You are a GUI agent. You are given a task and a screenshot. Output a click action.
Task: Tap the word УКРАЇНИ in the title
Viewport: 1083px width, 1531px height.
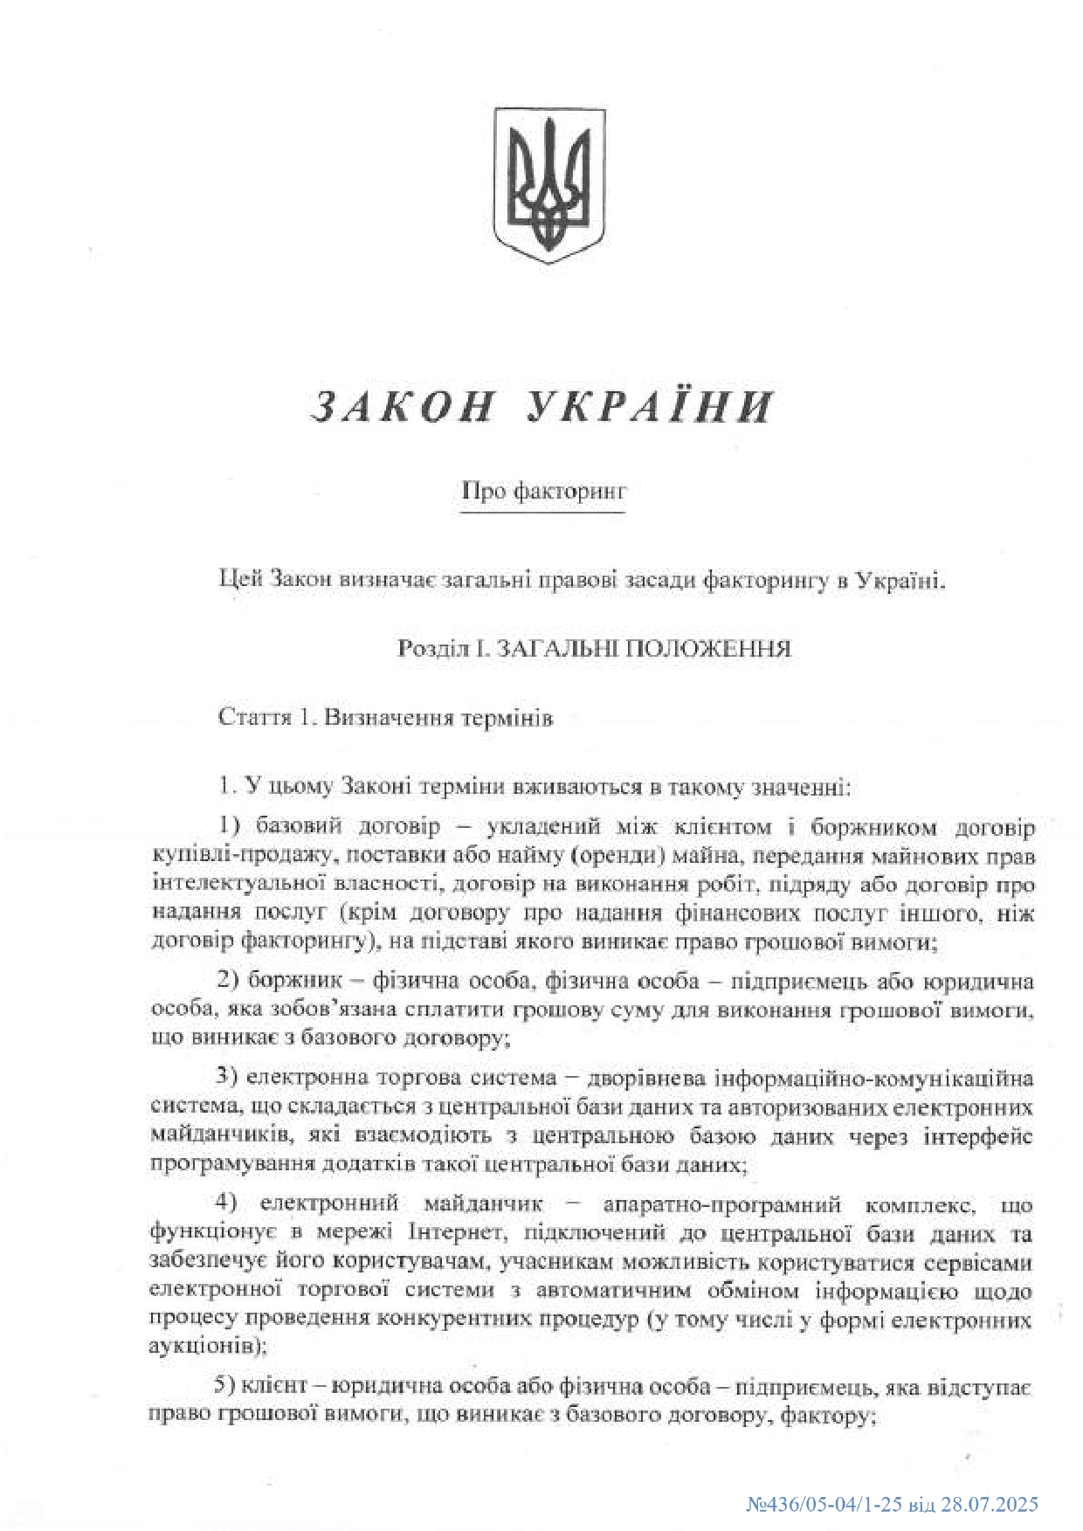click(652, 407)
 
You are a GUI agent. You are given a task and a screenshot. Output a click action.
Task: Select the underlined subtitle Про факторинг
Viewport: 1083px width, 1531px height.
click(544, 492)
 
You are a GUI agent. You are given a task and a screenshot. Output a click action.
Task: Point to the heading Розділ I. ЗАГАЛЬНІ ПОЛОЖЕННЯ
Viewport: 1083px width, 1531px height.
click(594, 649)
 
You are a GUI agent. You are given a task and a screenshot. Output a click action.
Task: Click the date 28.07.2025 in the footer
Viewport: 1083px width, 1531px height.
click(987, 1505)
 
